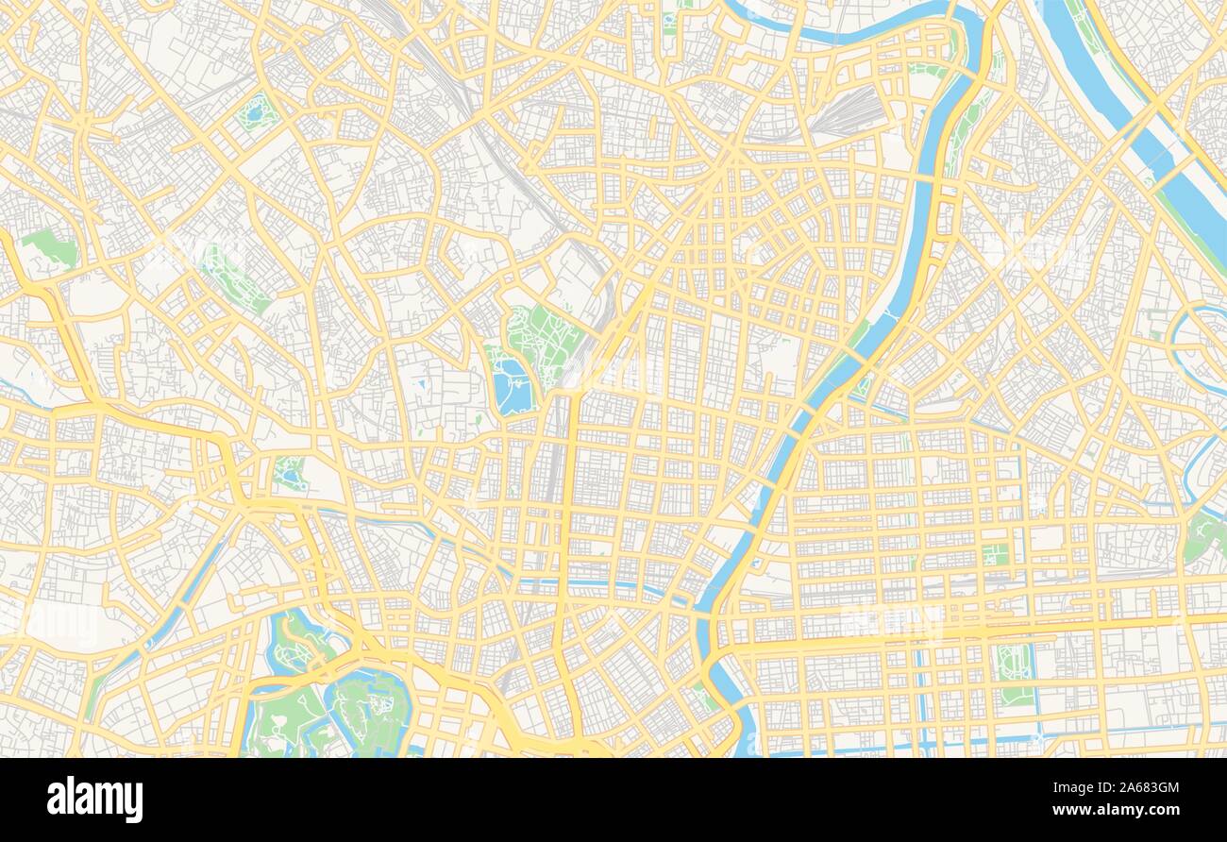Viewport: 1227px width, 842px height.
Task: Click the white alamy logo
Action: pyautogui.click(x=94, y=799)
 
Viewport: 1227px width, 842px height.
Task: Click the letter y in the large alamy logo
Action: pyautogui.click(x=134, y=802)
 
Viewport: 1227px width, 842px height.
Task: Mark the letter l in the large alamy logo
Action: pyautogui.click(x=72, y=797)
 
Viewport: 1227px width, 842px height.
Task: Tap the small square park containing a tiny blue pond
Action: pyautogui.click(x=256, y=112)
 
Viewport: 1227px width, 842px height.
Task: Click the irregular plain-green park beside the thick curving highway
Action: pyautogui.click(x=50, y=246)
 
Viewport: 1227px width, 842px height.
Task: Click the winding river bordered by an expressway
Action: pyautogui.click(x=906, y=283)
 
